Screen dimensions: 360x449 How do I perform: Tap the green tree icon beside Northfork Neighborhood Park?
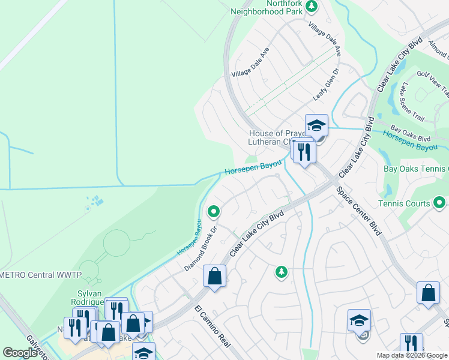pos(311,6)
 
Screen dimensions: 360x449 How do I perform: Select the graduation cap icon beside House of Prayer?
pos(316,126)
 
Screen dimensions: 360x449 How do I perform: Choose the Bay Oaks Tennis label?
pos(415,169)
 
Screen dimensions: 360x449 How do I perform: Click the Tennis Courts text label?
pos(404,203)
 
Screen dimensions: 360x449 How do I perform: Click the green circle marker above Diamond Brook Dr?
pos(213,211)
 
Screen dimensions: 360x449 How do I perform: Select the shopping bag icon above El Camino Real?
pos(214,277)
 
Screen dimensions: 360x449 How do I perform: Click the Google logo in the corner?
pos(20,352)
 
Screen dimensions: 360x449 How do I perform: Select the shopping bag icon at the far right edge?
pos(428,294)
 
